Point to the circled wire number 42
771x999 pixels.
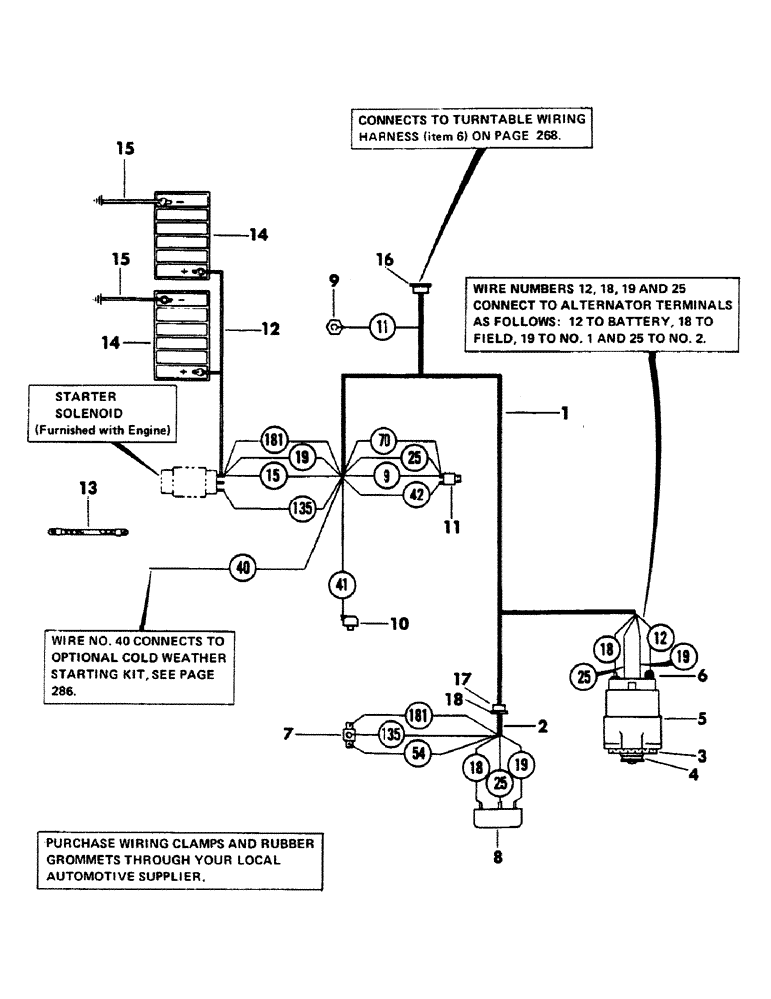pos(419,492)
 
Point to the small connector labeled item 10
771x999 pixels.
pos(350,623)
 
